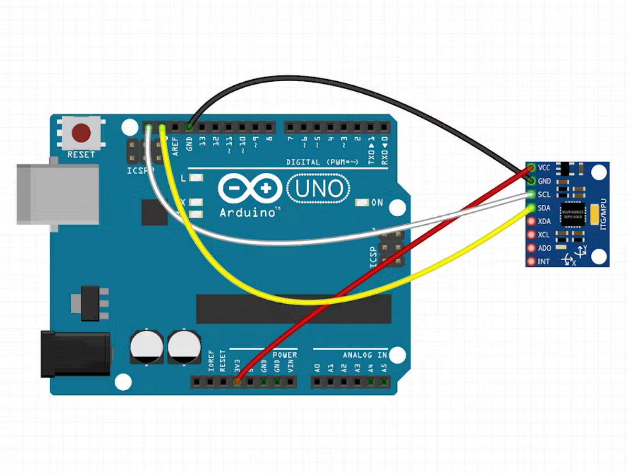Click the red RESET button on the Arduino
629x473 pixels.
(x=81, y=133)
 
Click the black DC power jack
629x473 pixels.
(x=75, y=354)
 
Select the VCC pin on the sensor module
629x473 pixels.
(x=531, y=168)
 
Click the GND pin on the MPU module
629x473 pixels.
(x=531, y=181)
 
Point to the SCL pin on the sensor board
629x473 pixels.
(x=531, y=194)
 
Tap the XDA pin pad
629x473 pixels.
(x=531, y=221)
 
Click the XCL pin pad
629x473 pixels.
(x=531, y=235)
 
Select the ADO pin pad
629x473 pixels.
(x=531, y=248)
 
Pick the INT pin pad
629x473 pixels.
(x=531, y=261)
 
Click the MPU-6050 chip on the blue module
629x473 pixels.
(x=572, y=214)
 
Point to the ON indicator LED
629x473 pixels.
(x=362, y=203)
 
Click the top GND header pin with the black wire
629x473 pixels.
(x=189, y=127)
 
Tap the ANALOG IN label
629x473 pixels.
(x=365, y=355)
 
